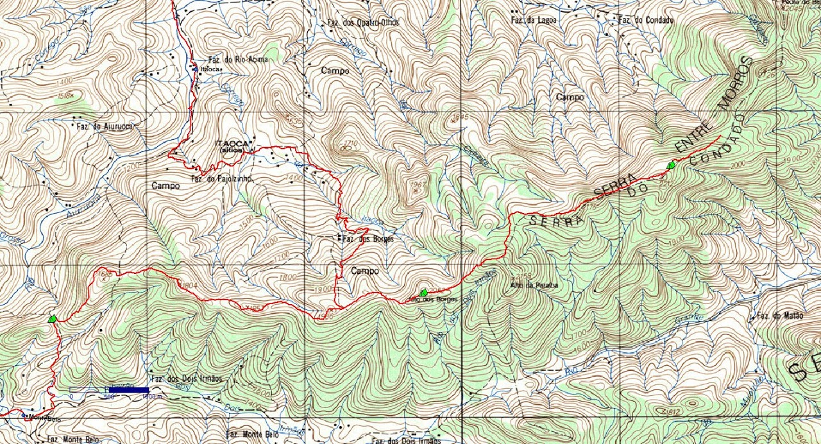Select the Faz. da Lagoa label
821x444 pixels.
coord(534,20)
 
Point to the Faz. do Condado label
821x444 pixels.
coord(646,20)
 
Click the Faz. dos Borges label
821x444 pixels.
coord(368,239)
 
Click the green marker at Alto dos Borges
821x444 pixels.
coord(423,293)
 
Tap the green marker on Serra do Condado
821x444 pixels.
coord(672,166)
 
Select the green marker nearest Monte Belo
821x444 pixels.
coord(52,318)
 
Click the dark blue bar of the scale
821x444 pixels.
coord(129,389)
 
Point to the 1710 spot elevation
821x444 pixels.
coord(350,143)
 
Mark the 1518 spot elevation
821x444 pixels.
coord(65,96)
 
